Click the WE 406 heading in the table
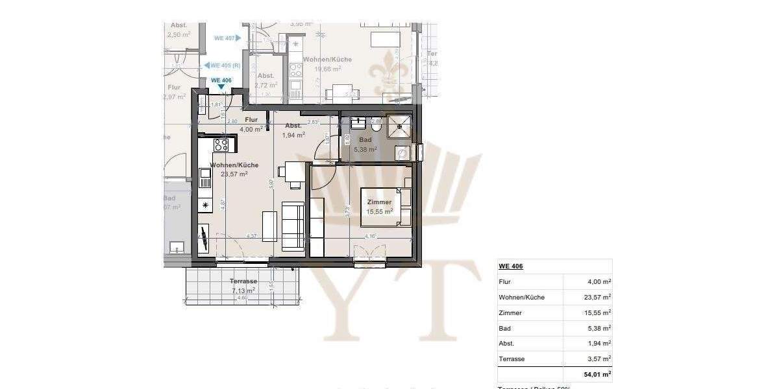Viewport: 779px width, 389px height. (x=511, y=266)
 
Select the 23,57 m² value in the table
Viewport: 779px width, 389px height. (x=597, y=298)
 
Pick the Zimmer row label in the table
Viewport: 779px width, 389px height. (x=510, y=313)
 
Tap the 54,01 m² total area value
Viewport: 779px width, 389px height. (x=597, y=375)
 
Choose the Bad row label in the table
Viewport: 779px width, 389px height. (x=504, y=329)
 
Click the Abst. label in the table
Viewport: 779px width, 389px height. (x=507, y=344)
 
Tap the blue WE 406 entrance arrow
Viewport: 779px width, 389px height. (x=221, y=87)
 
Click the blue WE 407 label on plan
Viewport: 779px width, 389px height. (x=224, y=38)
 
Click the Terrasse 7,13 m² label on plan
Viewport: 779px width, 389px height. (x=243, y=286)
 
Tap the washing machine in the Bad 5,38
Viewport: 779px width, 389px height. (x=402, y=153)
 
